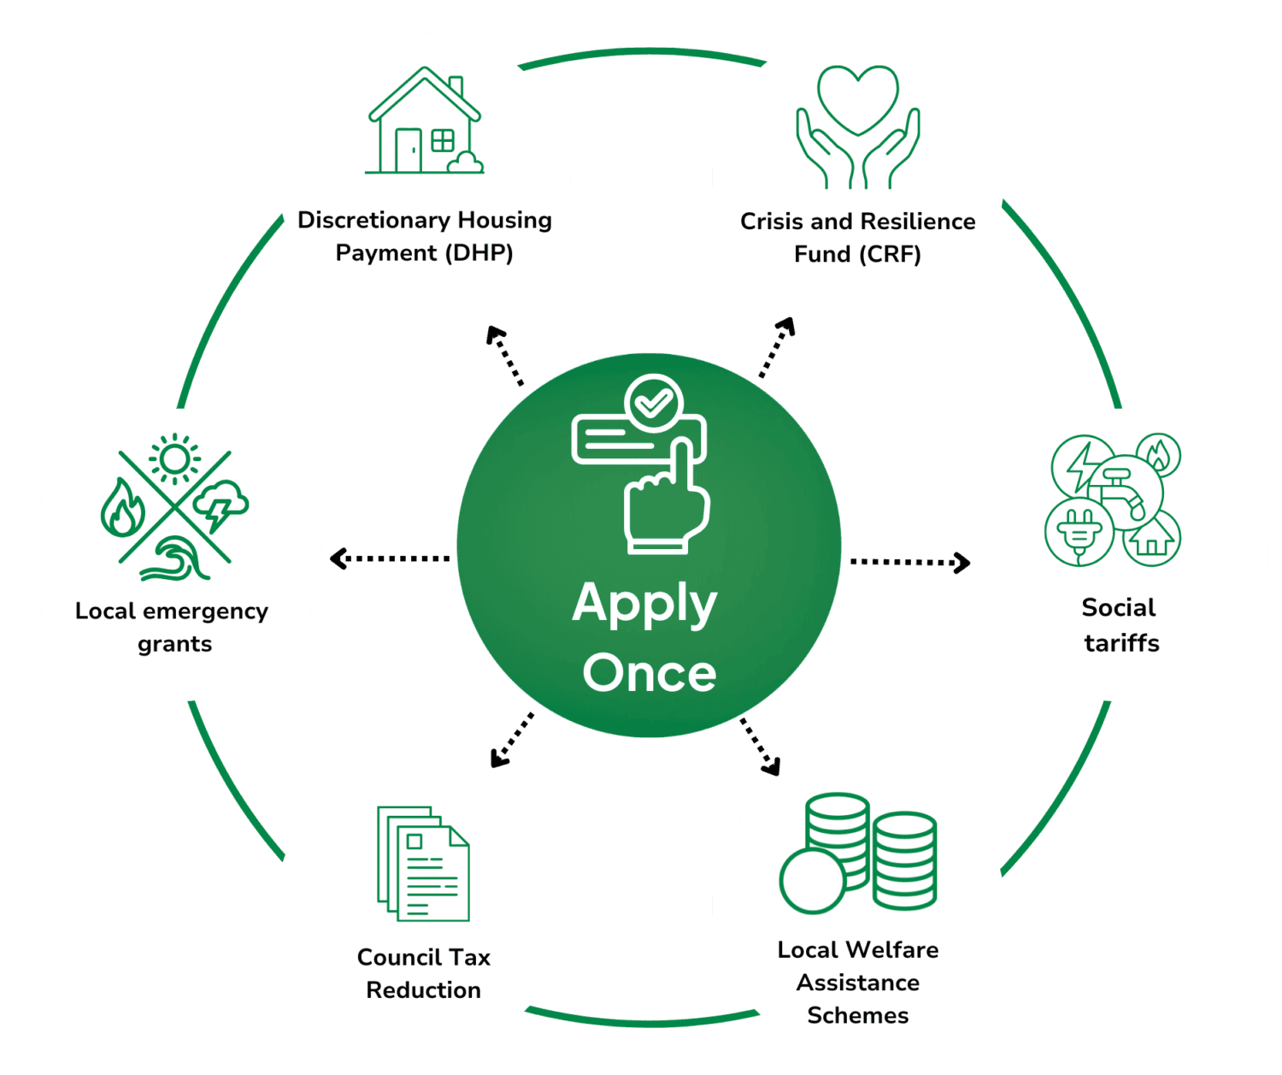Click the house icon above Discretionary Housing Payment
(x=424, y=121)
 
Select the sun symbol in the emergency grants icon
(x=175, y=459)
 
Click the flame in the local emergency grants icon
(x=123, y=507)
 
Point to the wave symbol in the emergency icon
(x=175, y=558)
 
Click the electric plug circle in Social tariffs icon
(x=1079, y=532)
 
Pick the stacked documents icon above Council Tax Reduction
(x=423, y=863)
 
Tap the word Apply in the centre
(x=644, y=605)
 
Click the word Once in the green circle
(x=649, y=673)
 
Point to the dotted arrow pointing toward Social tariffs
(x=910, y=562)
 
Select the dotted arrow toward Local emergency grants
(x=390, y=558)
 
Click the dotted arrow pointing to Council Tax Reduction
(x=512, y=741)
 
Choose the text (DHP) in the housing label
(x=479, y=252)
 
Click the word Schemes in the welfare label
(x=858, y=1015)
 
